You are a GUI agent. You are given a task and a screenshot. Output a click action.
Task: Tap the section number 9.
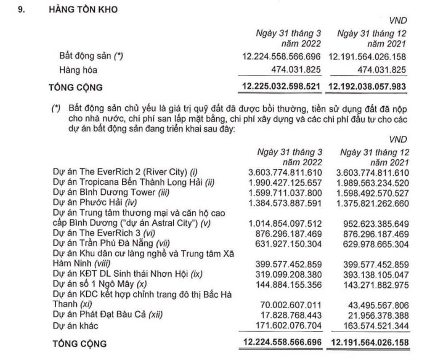point(20,9)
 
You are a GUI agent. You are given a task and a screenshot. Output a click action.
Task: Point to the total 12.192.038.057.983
point(366,86)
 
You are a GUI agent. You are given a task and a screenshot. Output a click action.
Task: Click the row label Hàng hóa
point(78,70)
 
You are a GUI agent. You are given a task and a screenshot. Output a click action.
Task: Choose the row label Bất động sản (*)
point(91,56)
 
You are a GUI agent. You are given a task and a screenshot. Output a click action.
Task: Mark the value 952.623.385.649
point(374,223)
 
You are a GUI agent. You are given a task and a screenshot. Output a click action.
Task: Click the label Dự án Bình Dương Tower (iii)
point(104,193)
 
